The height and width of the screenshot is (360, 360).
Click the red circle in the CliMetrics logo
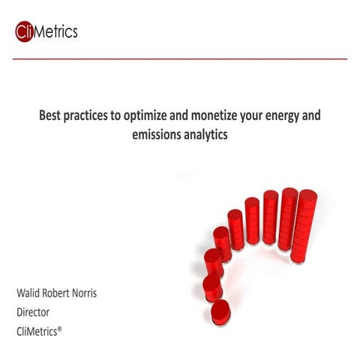[25, 31]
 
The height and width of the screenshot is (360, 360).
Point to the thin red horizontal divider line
[180, 58]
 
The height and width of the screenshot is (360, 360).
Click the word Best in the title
[51, 117]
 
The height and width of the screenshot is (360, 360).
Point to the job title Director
[33, 311]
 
